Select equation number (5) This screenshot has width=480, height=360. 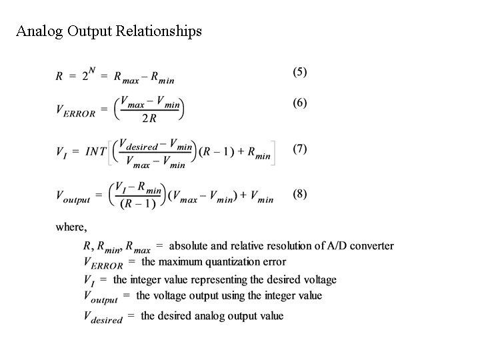[x=299, y=71]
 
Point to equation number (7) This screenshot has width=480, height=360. [x=299, y=148]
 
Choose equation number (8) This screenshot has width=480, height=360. [x=299, y=194]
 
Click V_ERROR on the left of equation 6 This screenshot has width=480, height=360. [x=75, y=111]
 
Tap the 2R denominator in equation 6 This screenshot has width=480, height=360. [x=149, y=119]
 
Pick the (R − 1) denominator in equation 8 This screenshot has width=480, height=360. [x=138, y=203]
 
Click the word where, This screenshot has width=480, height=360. [x=71, y=227]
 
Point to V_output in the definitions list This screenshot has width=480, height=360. [x=101, y=297]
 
